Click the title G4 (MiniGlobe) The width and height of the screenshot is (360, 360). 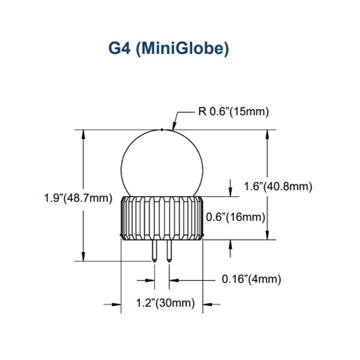pos(169,49)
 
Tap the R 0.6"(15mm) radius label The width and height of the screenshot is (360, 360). pos(233,112)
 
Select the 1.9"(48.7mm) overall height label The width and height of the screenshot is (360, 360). pos(78,198)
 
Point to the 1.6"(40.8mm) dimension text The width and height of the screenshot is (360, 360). pos(278,187)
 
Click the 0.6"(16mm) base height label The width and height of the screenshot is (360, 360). pos(236,217)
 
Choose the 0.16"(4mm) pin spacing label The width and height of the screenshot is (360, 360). pos(251,279)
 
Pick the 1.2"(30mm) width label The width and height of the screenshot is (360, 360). pos(166,302)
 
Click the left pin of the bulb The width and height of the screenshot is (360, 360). pos(155,251)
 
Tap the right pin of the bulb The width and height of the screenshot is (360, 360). pos(169,251)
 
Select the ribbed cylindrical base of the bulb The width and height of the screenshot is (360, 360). pos(162,218)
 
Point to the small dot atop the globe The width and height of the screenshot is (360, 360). pos(162,130)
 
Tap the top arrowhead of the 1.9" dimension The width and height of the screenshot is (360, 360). pos(83,134)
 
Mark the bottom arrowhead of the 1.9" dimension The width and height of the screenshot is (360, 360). pos(83,257)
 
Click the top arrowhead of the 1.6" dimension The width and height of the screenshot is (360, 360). pos(267,134)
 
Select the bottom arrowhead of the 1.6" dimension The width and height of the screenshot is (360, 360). pos(267,235)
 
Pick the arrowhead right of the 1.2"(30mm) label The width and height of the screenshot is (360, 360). pos(208,304)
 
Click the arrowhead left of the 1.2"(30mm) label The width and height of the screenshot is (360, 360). pos(116,304)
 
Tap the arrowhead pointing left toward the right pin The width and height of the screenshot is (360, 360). pos(174,280)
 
